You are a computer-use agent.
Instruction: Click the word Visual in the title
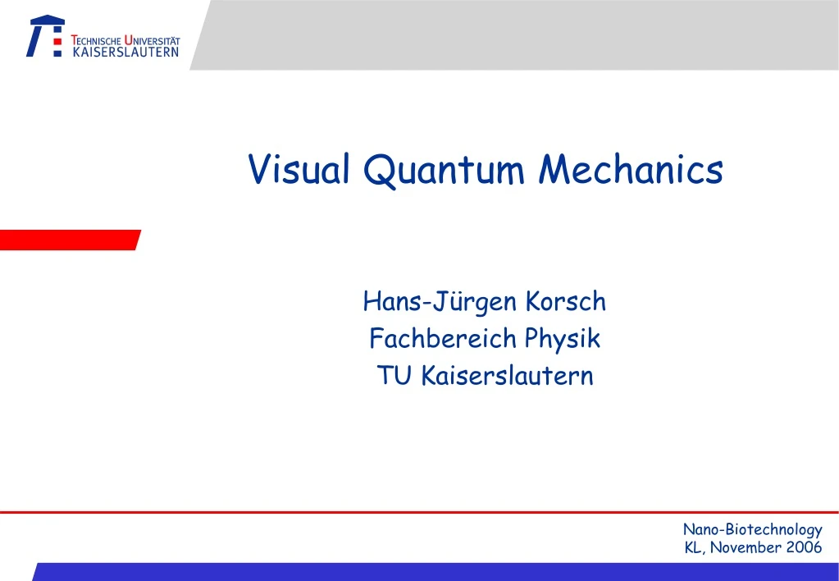pyautogui.click(x=300, y=170)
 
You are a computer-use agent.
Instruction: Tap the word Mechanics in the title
pyautogui.click(x=632, y=170)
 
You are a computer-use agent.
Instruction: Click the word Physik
pyautogui.click(x=563, y=338)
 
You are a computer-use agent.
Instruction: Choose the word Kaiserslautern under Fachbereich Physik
pyautogui.click(x=507, y=376)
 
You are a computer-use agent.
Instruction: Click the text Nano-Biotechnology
pyautogui.click(x=752, y=530)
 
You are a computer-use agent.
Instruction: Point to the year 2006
pyautogui.click(x=803, y=547)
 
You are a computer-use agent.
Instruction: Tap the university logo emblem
pyautogui.click(x=45, y=36)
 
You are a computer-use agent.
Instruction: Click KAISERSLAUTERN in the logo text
pyautogui.click(x=125, y=53)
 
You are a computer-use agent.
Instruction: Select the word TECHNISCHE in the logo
pyautogui.click(x=97, y=40)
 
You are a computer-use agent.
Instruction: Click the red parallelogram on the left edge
pyautogui.click(x=69, y=240)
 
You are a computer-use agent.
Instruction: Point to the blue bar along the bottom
pyautogui.click(x=435, y=572)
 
